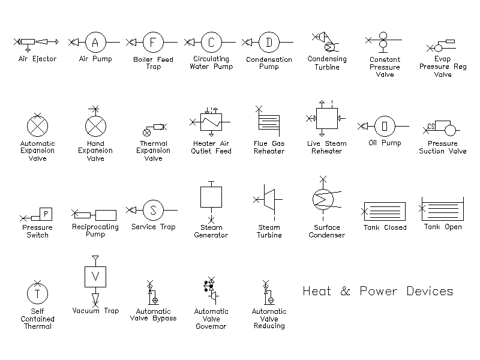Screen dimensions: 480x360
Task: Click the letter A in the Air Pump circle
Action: click(95, 42)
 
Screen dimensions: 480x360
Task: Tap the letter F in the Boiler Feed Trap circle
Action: click(153, 42)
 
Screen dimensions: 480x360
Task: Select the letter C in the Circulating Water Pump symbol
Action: click(211, 42)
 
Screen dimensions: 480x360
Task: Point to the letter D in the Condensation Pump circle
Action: click(269, 42)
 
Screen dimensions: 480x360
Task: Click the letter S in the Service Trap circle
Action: click(153, 211)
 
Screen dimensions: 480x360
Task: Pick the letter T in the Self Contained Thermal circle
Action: click(37, 294)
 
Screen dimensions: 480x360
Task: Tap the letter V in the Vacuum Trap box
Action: click(95, 277)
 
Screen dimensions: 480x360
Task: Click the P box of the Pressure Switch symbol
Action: click(46, 214)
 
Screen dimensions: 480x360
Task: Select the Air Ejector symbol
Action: click(36, 43)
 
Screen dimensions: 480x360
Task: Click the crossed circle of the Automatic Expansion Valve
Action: click(37, 126)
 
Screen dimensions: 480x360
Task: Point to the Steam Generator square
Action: click(211, 197)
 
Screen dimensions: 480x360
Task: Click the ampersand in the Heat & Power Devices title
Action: click(346, 291)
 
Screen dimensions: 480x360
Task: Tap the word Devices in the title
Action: click(430, 291)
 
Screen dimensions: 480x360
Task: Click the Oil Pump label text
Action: click(385, 143)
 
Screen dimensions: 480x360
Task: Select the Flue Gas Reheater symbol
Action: click(268, 122)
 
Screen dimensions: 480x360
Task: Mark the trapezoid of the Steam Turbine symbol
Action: click(269, 200)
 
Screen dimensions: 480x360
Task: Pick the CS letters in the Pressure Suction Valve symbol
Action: click(431, 126)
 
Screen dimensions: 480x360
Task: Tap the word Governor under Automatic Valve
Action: click(211, 326)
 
